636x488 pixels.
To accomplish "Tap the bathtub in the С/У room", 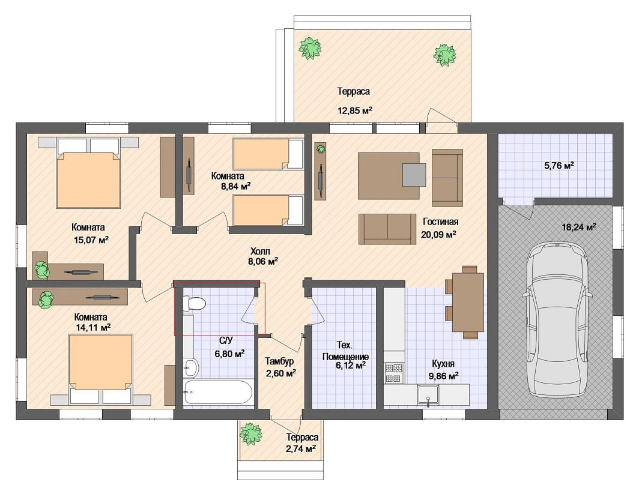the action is [x=218, y=392].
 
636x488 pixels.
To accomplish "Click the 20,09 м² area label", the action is [x=438, y=234].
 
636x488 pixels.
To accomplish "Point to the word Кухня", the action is [x=443, y=364].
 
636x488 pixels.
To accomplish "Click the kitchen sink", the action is [x=428, y=395].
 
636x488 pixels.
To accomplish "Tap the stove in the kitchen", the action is [x=394, y=373].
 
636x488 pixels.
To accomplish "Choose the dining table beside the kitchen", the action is [x=468, y=302].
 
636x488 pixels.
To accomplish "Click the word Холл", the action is [x=260, y=252].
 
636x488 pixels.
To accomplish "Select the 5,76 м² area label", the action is [x=559, y=166].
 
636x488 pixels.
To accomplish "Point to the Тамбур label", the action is [x=279, y=361].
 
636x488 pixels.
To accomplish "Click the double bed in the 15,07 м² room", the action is [x=88, y=173].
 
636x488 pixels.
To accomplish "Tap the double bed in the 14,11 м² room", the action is [x=100, y=369].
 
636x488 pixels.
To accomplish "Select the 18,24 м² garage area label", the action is [x=579, y=227].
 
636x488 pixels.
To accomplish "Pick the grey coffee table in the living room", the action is [x=414, y=175].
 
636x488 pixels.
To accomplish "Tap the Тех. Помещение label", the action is [x=345, y=351].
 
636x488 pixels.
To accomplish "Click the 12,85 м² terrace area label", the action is [x=355, y=110].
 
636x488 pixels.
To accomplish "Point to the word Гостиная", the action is [x=440, y=221].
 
